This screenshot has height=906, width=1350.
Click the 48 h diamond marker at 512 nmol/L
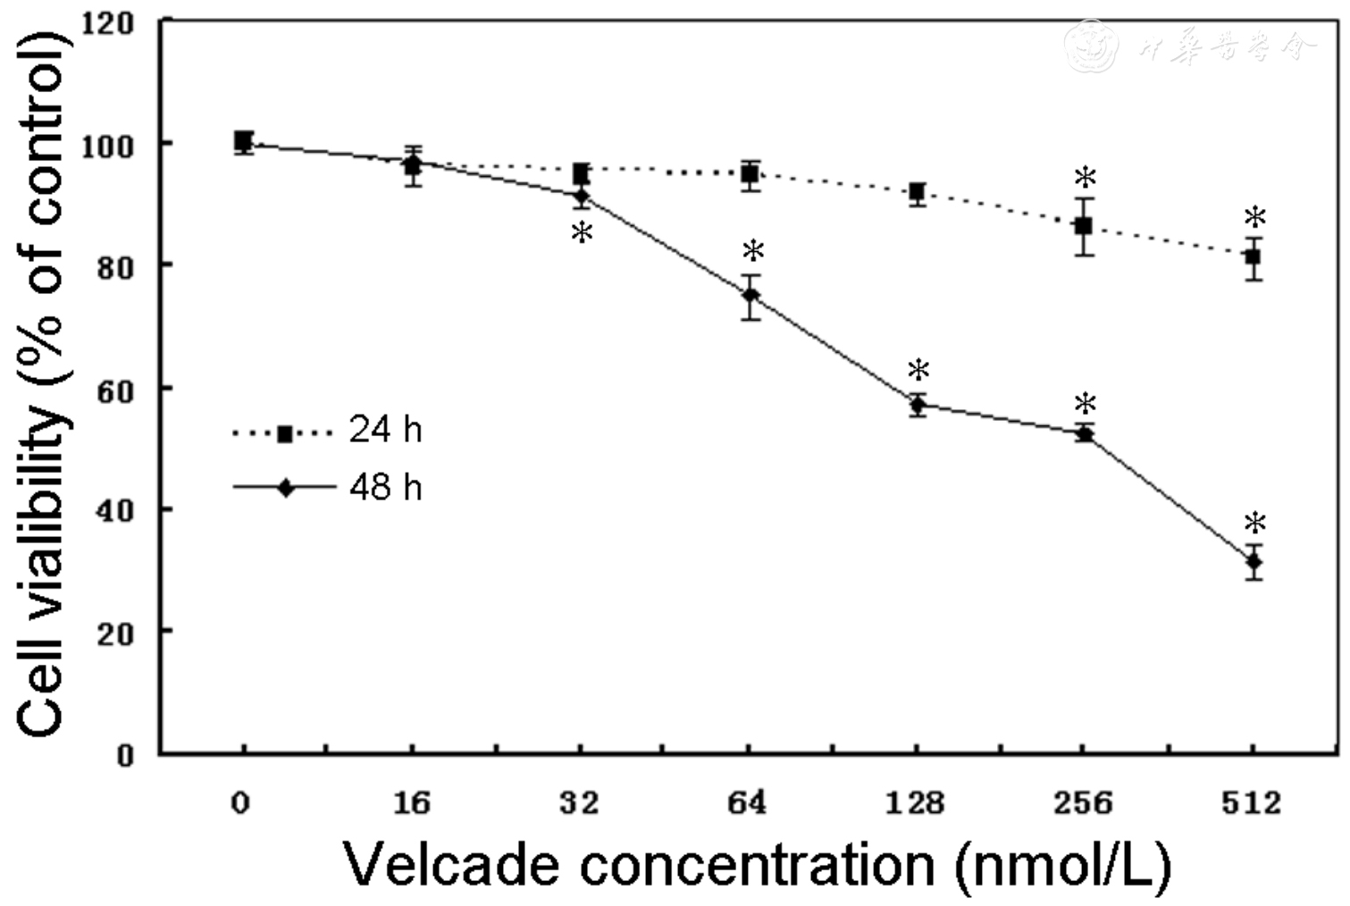pyautogui.click(x=1254, y=562)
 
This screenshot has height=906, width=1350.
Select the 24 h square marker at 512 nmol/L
pyautogui.click(x=1254, y=257)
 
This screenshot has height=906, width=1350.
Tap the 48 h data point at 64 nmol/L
pyautogui.click(x=750, y=296)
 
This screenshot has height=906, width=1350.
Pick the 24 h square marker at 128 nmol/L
pyautogui.click(x=917, y=192)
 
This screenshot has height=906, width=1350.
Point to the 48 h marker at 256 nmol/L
pyautogui.click(x=1085, y=433)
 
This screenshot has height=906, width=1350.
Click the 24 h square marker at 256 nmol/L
pyautogui.click(x=1084, y=226)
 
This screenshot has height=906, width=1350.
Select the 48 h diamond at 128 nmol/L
pyautogui.click(x=918, y=406)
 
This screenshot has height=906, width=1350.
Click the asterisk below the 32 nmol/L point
pyautogui.click(x=582, y=234)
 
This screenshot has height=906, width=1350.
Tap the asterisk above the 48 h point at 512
pyautogui.click(x=1255, y=524)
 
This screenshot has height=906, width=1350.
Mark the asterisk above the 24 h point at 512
pyautogui.click(x=1255, y=218)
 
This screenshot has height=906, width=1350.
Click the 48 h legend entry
pyautogui.click(x=327, y=488)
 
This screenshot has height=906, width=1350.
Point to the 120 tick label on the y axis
pyautogui.click(x=108, y=25)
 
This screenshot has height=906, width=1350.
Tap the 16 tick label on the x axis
pyautogui.click(x=411, y=804)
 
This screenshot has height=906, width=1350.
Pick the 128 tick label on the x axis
pyautogui.click(x=915, y=804)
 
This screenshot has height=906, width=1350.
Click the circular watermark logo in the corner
pyautogui.click(x=1091, y=46)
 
